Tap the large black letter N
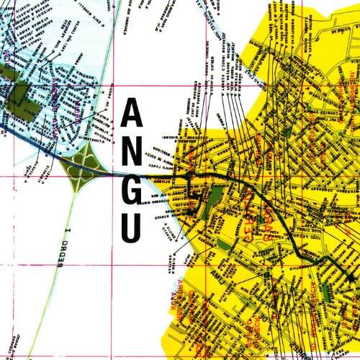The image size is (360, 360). point(131,153)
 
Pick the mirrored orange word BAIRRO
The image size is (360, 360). point(271,219)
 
